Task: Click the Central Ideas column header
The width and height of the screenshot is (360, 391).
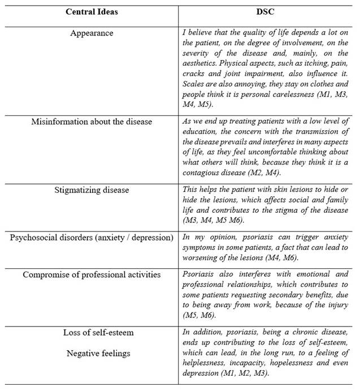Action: pyautogui.click(x=91, y=12)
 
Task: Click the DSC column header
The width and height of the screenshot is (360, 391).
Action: pyautogui.click(x=267, y=12)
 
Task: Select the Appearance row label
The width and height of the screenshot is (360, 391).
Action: pyautogui.click(x=92, y=33)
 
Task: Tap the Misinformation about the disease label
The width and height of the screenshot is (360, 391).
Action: pyautogui.click(x=92, y=121)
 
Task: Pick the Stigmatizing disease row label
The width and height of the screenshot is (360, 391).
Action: pyautogui.click(x=92, y=190)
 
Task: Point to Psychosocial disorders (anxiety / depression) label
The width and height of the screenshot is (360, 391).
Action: pyautogui.click(x=92, y=237)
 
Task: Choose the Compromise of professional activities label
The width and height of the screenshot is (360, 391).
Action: pyautogui.click(x=92, y=274)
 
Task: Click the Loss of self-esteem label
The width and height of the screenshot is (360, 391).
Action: pyautogui.click(x=91, y=333)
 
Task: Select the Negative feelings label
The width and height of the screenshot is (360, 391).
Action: pyautogui.click(x=92, y=353)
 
